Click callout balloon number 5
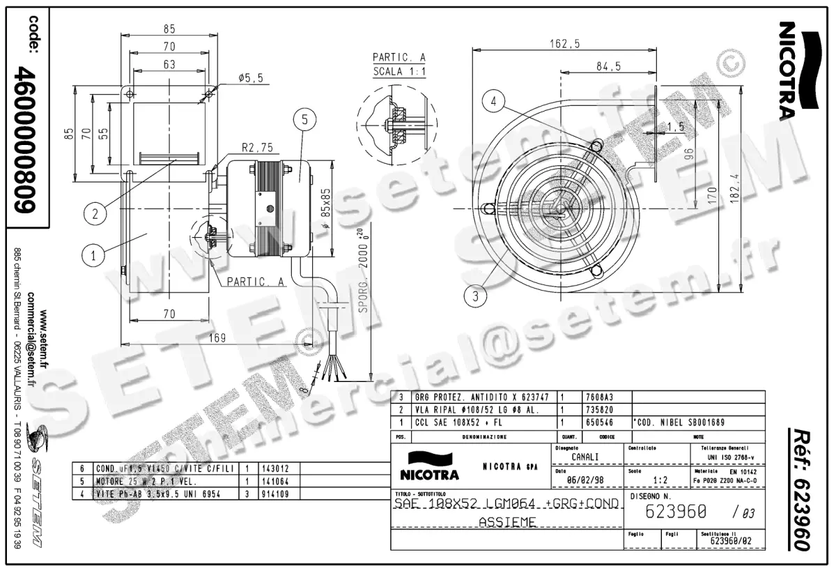click(304, 120)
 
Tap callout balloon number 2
click(96, 213)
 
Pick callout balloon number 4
click(494, 102)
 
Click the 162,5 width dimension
click(564, 43)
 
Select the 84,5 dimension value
click(608, 66)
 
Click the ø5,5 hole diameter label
click(250, 78)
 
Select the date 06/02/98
click(585, 480)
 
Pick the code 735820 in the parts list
click(598, 410)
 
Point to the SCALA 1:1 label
click(399, 72)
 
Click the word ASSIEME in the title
click(507, 522)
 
